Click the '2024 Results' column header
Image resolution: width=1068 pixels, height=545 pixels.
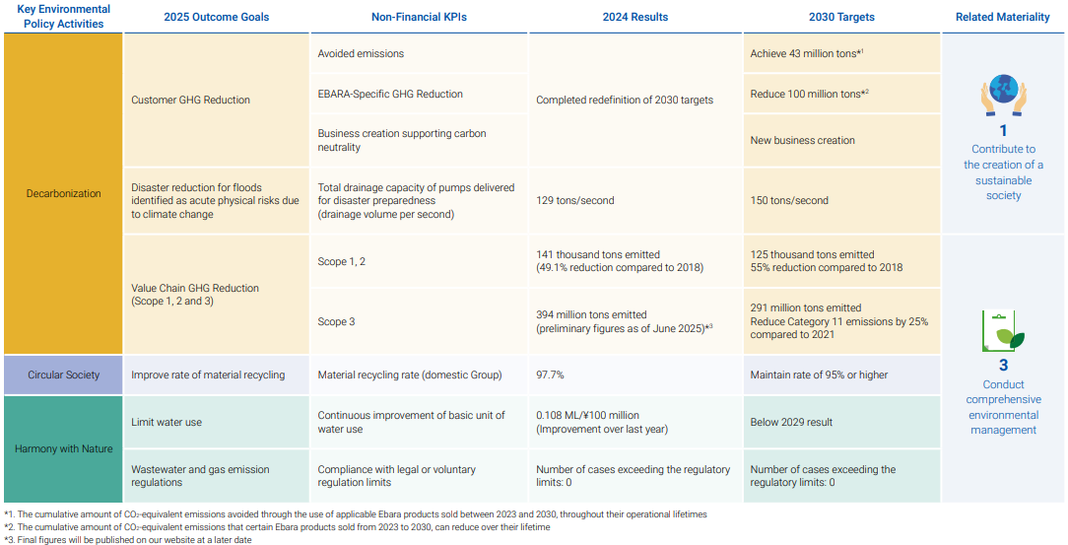point(634,17)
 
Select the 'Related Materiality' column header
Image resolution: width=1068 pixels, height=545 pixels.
point(1003,17)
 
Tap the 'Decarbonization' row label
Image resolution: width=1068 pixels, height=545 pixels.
point(63,193)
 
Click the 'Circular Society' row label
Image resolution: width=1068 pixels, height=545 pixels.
point(63,375)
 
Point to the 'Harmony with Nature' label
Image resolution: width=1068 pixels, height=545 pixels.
point(63,449)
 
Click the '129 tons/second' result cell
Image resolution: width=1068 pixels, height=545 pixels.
point(574,200)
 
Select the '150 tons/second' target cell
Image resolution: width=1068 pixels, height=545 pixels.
point(789,200)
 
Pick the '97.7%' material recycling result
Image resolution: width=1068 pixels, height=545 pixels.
point(550,375)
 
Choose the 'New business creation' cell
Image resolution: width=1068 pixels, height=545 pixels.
point(802,140)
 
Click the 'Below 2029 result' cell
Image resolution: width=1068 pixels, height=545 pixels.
point(791,422)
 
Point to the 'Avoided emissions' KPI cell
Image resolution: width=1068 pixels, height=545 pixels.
point(361,53)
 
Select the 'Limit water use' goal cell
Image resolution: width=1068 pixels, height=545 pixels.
point(167,422)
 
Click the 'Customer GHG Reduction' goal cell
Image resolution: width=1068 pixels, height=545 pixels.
point(190,100)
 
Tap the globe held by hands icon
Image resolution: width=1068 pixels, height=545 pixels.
point(1003,95)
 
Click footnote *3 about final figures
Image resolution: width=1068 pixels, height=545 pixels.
point(128,539)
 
